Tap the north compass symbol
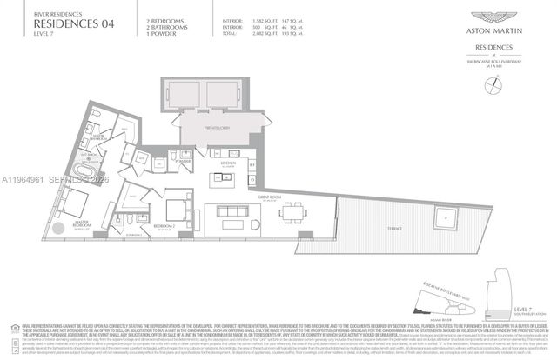496,82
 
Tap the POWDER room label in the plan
182,162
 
